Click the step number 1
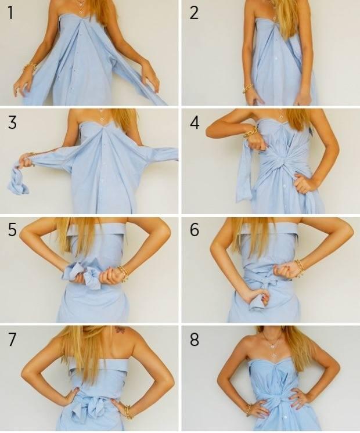point(10,13)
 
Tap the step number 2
point(194,13)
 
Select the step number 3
point(12,122)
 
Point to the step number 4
point(195,122)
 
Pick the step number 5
point(12,229)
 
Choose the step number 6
point(195,229)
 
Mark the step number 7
point(12,340)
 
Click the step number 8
point(195,340)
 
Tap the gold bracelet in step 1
point(30,67)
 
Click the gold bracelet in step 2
point(248,88)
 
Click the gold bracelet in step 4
point(251,131)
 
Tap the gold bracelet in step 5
point(123,273)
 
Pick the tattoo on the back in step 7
point(120,330)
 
